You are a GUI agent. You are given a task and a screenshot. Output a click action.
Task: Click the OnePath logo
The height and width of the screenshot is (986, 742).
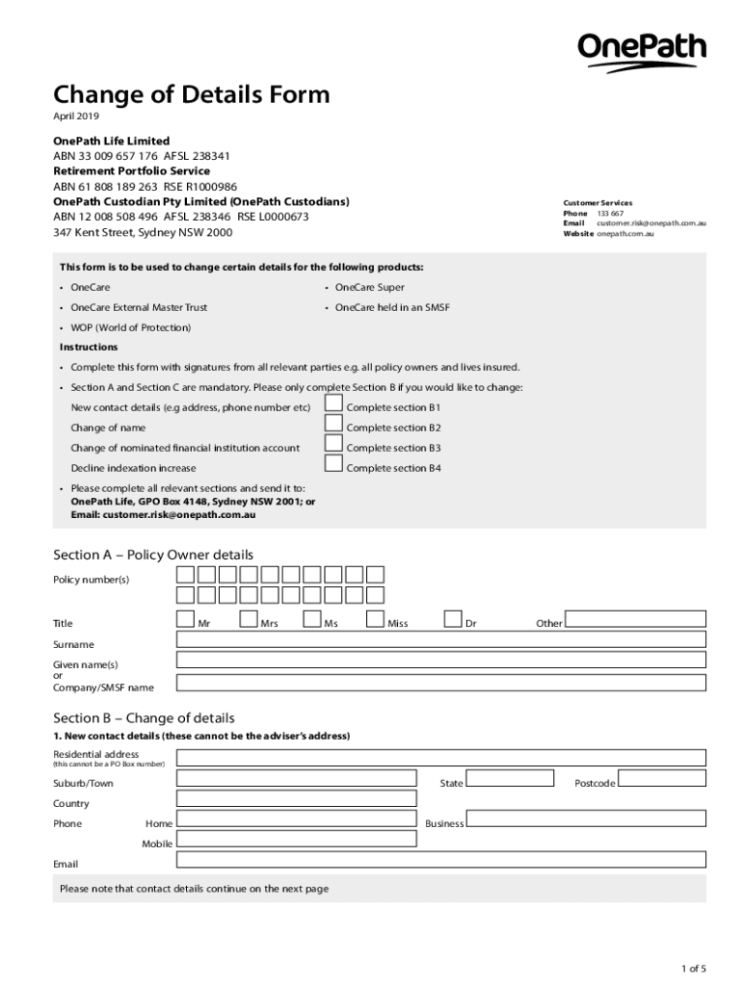point(641,51)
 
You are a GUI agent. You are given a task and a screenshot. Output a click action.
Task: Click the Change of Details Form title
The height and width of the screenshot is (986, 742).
point(191,94)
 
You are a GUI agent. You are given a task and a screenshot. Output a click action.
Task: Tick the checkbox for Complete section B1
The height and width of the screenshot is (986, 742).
point(333,402)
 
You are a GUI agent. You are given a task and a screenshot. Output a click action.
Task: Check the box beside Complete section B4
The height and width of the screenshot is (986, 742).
point(333,463)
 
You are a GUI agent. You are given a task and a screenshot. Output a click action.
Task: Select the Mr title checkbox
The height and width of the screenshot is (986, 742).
point(186,618)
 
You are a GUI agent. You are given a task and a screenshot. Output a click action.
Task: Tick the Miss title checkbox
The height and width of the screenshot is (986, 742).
point(376,618)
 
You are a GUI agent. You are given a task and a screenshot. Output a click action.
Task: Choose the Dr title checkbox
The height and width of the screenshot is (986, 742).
point(453,618)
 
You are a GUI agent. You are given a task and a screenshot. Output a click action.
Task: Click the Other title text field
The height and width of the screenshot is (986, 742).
point(635,618)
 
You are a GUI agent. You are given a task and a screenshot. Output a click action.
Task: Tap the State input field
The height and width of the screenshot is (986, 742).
point(510,779)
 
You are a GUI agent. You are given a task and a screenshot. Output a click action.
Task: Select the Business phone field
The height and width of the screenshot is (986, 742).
point(586,819)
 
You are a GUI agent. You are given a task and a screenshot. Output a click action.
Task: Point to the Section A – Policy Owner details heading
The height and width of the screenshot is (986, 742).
point(153,555)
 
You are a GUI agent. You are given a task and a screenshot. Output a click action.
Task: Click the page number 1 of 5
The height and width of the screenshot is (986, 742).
point(692,968)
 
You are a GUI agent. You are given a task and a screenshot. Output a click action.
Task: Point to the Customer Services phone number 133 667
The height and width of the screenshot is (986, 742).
point(610,213)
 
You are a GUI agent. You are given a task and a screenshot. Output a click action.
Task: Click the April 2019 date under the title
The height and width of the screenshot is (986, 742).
point(75,117)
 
